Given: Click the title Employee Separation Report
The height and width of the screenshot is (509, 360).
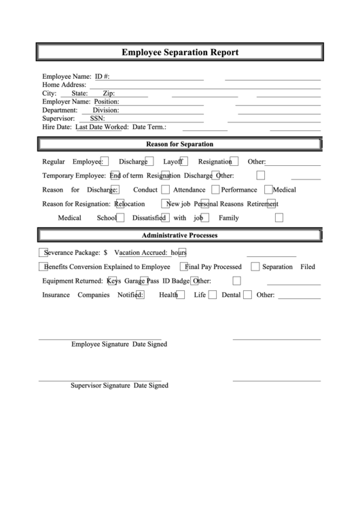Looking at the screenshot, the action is point(180,52).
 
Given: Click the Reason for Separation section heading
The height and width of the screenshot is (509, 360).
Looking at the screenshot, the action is point(180,144).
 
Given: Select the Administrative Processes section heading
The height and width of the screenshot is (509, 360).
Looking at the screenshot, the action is point(179,236).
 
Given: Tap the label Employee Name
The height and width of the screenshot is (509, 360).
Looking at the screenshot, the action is point(67,77).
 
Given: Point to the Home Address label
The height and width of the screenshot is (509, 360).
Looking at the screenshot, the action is point(64,85).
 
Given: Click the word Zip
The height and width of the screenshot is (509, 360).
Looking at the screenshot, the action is point(108,93).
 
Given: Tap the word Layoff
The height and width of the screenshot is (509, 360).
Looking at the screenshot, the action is point(173,162).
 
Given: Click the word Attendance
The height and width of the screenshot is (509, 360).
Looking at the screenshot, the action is point(189,190).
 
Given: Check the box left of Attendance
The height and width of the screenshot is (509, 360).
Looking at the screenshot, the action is point(167,190).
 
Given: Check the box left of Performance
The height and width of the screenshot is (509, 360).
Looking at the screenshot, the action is point(215,190).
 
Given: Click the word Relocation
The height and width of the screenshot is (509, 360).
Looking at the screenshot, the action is point(129,204).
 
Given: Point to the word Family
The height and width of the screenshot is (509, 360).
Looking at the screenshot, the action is point(228,218).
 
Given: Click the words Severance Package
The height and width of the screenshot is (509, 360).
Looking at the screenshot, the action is point(70,251).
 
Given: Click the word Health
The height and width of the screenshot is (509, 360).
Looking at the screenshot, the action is point(168,295).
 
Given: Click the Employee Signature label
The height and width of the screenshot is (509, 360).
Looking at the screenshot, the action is point(100,344).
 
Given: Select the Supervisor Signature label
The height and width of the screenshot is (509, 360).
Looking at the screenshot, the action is point(100,385).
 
